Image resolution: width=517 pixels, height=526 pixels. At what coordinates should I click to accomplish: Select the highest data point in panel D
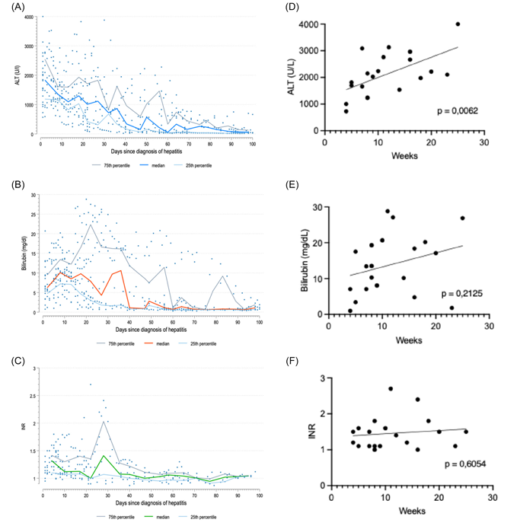(x=458, y=24)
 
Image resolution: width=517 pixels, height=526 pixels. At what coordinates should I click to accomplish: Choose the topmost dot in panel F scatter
(x=391, y=389)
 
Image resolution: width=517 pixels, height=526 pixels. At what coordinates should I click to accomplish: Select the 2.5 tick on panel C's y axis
(x=31, y=396)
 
